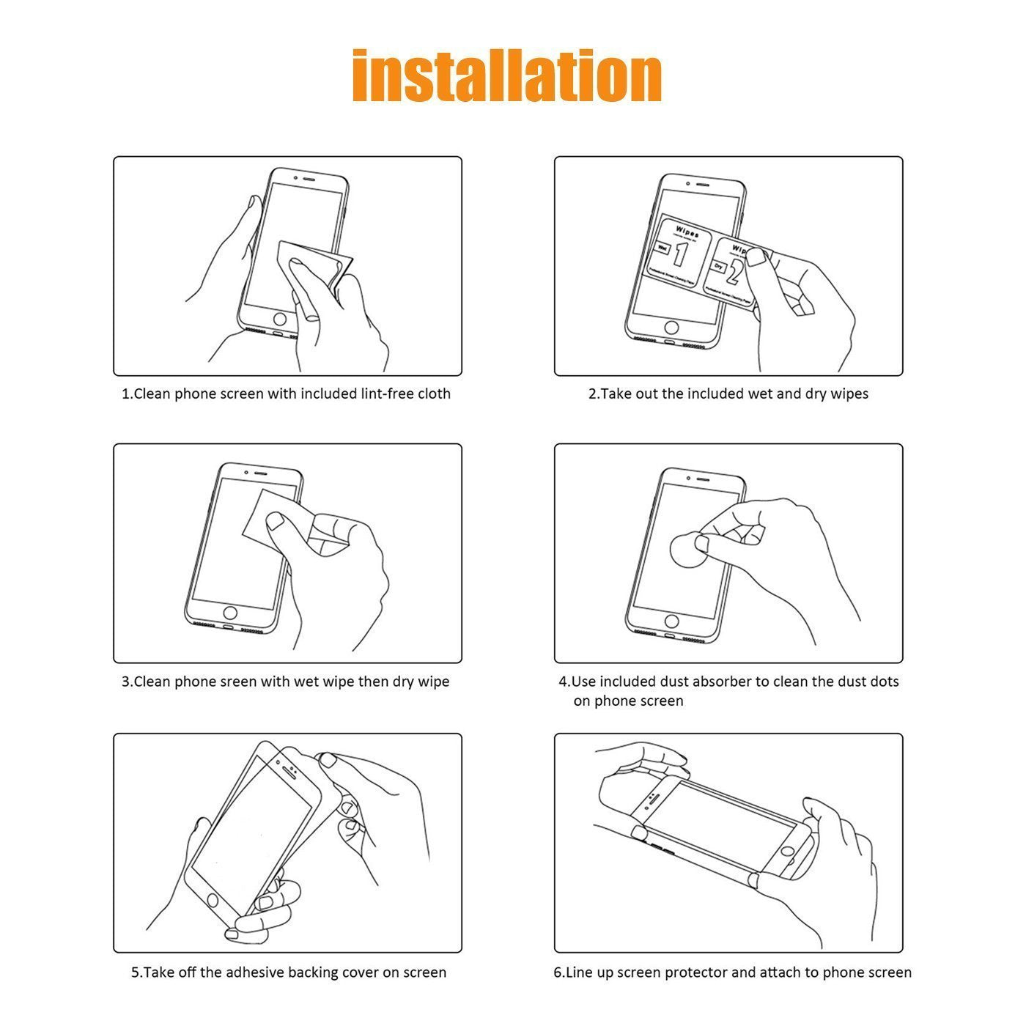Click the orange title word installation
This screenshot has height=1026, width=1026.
(506, 76)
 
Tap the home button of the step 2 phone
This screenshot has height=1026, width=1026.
(671, 327)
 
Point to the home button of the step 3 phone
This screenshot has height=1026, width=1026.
(230, 613)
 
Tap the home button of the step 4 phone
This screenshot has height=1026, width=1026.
(671, 621)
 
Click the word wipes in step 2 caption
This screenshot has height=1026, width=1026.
(849, 394)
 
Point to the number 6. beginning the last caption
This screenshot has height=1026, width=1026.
(559, 973)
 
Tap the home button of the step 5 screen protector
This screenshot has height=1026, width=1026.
(213, 899)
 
